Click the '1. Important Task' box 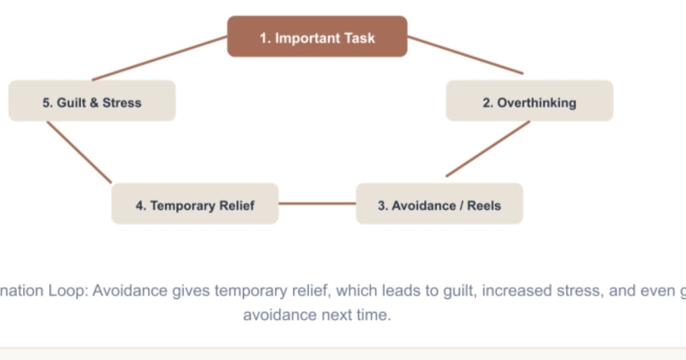click(317, 37)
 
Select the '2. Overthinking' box click(529, 101)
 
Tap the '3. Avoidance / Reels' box click(440, 204)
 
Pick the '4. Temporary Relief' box click(195, 204)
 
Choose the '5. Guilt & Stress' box click(92, 101)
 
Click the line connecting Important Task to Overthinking click(466, 55)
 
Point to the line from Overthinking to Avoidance click(488, 149)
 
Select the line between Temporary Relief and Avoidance click(317, 203)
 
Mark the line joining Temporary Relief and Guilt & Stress click(79, 152)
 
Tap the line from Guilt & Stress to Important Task click(159, 58)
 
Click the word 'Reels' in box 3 click(484, 206)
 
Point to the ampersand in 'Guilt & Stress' click(94, 103)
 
